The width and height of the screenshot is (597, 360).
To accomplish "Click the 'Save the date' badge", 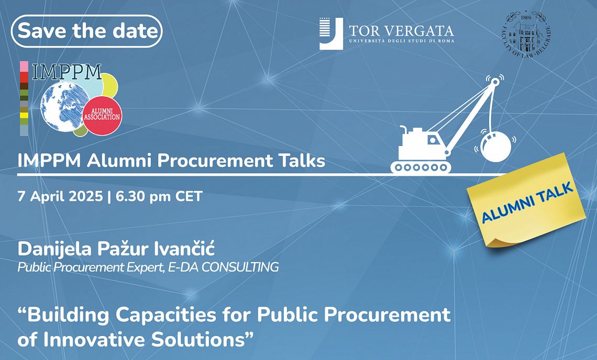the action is [x=87, y=31].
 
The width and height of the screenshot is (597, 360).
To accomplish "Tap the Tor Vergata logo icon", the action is [x=331, y=33].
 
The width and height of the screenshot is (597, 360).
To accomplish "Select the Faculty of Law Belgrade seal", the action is [x=526, y=35].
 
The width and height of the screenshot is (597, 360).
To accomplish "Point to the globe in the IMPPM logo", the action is [x=62, y=107].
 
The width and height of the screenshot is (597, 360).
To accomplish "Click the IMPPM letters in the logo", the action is [x=67, y=72].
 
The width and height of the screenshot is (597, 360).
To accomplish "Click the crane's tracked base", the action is [x=421, y=167].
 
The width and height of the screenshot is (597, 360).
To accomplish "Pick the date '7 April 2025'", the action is [x=60, y=196].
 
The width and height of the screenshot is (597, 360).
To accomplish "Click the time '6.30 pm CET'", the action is [x=159, y=196].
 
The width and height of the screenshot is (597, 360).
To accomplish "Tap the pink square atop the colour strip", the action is [x=24, y=66].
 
